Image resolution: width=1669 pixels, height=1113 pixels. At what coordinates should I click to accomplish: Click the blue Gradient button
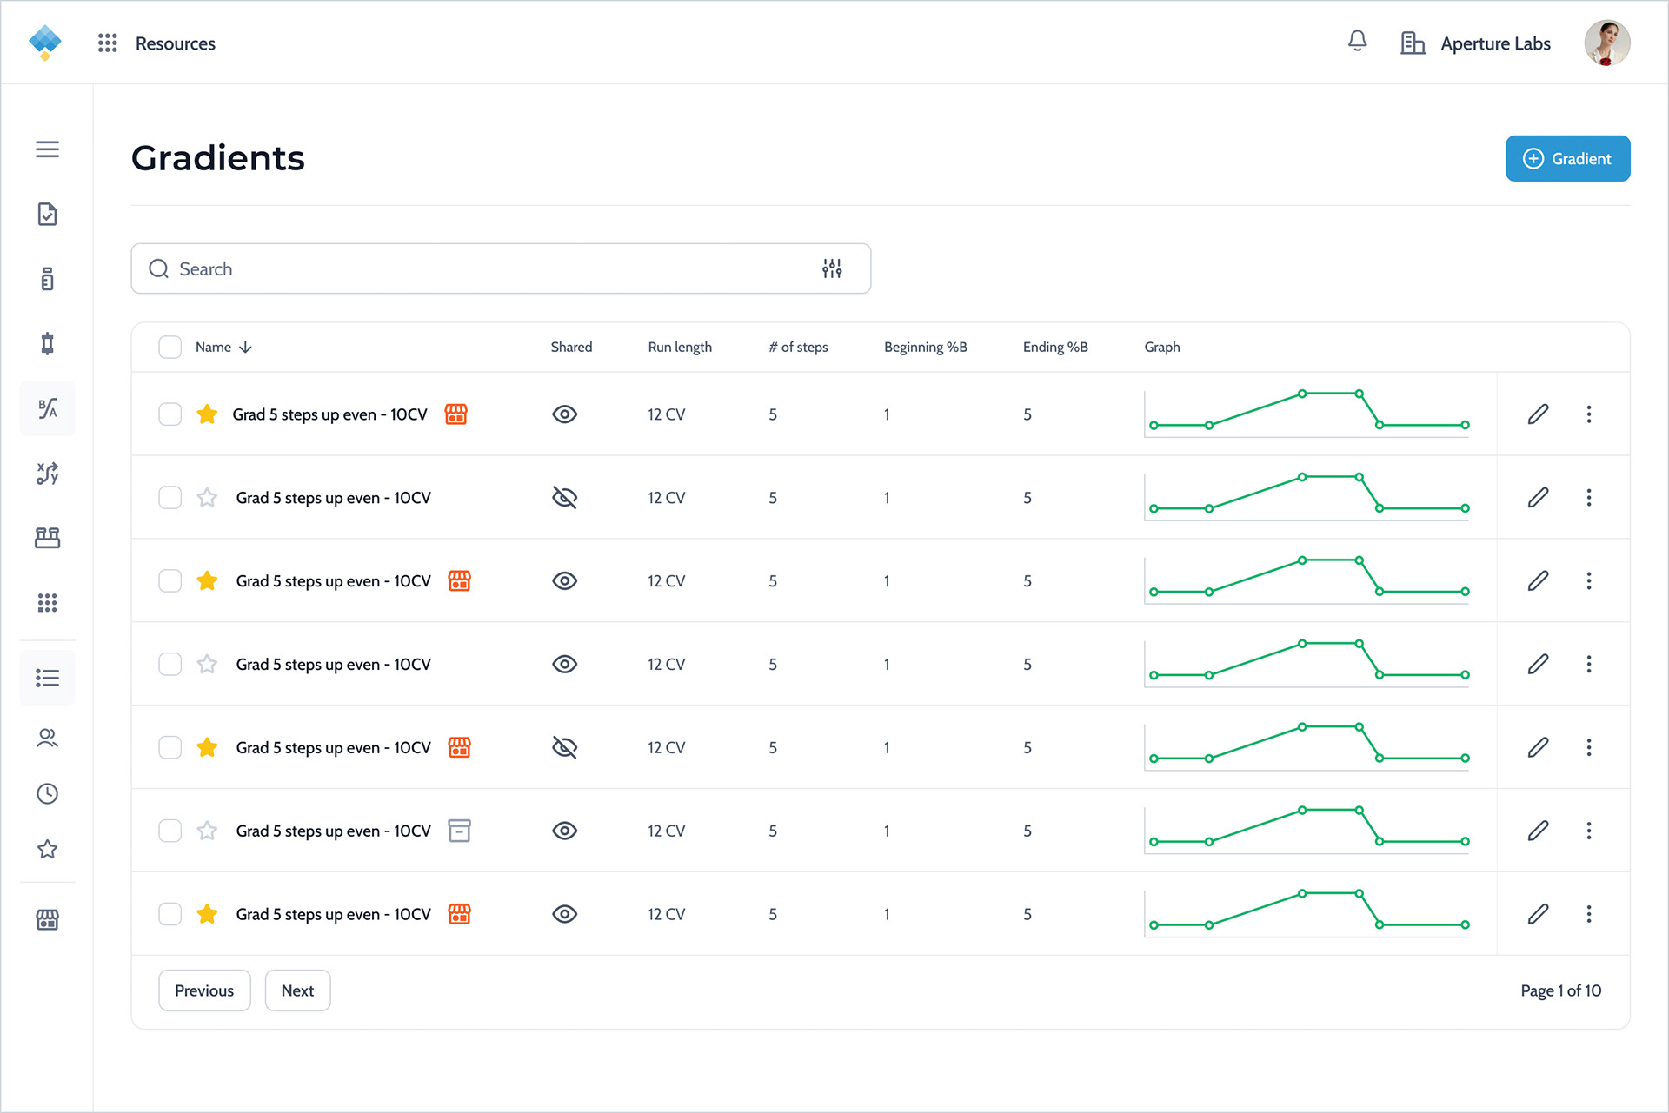pos(1567,159)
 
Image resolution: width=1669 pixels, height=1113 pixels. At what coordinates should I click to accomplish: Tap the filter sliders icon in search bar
pos(832,268)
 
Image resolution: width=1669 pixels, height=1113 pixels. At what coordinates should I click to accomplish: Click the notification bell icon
pos(1357,41)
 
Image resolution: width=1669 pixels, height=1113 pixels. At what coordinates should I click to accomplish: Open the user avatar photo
pos(1606,43)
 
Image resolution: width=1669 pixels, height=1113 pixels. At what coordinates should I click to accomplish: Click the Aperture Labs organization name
pos(1495,43)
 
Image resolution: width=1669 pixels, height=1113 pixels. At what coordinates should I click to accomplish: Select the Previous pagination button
pos(204,990)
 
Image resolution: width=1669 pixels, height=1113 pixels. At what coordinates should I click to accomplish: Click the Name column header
pos(213,347)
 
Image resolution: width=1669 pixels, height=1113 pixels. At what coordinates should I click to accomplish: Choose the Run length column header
pos(680,347)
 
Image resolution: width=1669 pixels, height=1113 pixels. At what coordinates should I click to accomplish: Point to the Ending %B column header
pos(1055,347)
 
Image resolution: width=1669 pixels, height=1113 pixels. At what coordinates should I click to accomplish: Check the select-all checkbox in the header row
pos(170,347)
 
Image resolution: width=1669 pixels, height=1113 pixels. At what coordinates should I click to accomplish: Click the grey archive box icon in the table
pos(459,831)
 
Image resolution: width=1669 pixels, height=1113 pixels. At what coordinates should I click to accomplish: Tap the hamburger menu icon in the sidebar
pos(48,149)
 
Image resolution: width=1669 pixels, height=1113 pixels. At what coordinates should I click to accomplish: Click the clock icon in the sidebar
pos(48,793)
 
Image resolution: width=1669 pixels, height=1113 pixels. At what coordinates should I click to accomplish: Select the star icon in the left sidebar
pos(48,849)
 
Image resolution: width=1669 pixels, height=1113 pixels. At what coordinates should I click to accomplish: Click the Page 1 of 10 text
pos(1560,990)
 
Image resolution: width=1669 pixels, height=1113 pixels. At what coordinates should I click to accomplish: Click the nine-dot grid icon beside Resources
pos(107,43)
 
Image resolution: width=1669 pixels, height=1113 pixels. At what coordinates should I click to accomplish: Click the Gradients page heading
pos(218,158)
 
